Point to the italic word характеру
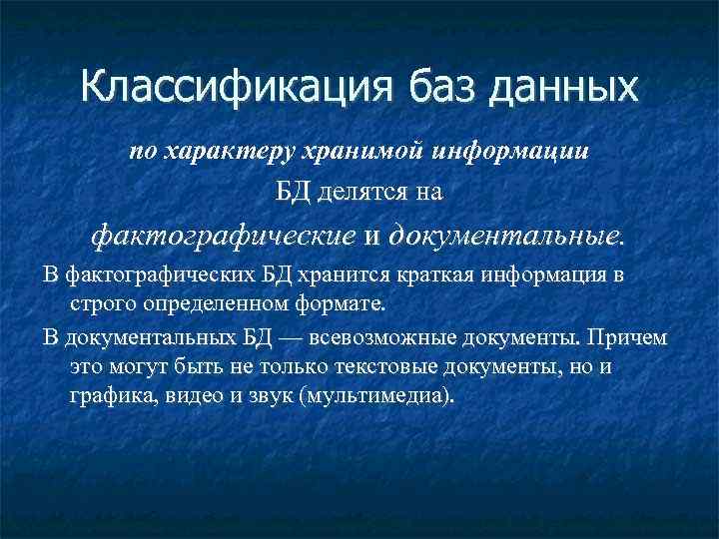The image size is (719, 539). click(x=214, y=153)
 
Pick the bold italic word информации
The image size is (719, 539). click(x=511, y=153)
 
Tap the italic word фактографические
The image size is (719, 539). click(x=223, y=236)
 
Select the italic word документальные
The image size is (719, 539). click(x=506, y=236)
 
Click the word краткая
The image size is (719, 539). click(x=437, y=275)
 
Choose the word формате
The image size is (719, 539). click(x=334, y=301)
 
